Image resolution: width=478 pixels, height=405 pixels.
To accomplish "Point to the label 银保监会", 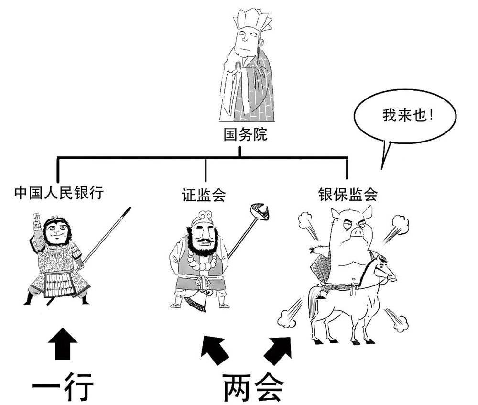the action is tap(348, 194).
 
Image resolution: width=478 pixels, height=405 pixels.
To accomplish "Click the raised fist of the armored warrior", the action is tap(36, 221).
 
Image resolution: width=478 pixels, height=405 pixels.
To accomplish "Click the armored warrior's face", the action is tap(56, 232).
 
